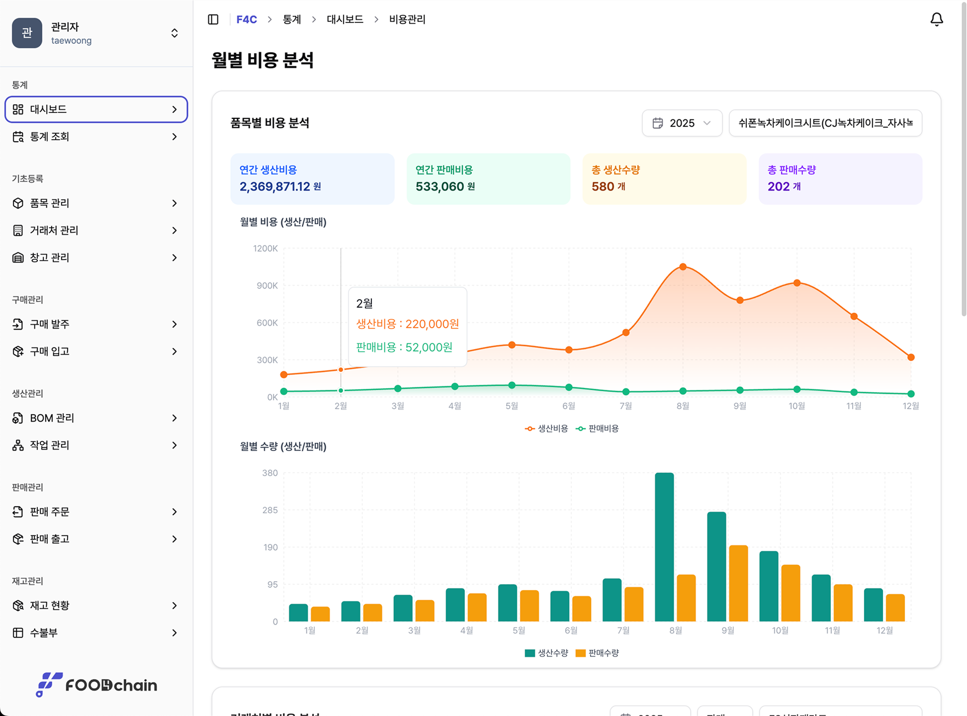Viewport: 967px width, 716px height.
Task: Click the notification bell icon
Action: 936,19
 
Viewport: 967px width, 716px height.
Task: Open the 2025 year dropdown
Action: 682,123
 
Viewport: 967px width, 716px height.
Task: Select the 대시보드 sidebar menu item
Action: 96,109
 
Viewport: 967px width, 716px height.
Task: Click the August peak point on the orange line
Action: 683,267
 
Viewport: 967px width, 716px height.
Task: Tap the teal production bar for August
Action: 664,547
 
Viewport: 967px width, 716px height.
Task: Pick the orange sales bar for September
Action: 738,583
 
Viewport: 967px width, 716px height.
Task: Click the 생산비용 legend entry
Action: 547,429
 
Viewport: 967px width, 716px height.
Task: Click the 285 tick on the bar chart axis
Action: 270,510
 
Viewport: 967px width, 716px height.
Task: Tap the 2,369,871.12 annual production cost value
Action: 274,186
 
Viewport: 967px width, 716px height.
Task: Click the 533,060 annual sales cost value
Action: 440,186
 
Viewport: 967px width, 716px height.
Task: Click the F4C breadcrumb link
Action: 247,19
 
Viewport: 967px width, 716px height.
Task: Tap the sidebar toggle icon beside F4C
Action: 213,19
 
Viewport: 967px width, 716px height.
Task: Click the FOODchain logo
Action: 96,685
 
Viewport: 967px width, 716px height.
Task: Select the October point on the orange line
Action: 797,283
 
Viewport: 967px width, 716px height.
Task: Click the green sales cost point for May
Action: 512,385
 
